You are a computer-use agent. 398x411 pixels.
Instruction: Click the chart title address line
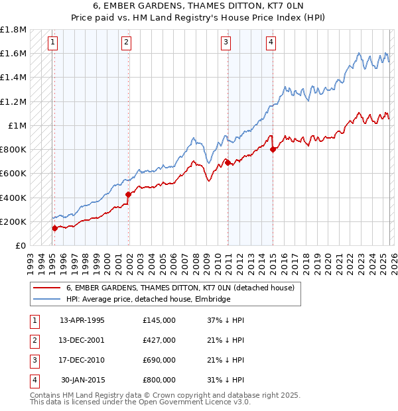pos(199,6)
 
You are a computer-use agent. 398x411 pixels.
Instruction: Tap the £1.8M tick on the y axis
pos(14,30)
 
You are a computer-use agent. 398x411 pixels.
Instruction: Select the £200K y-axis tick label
pos(14,221)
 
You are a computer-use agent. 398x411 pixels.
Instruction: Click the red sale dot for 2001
pos(128,194)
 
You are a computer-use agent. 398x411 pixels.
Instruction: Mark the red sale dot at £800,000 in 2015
pos(273,149)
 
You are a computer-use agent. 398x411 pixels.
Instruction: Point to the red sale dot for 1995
pos(54,228)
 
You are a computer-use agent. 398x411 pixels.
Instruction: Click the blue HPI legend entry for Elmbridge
pos(148,299)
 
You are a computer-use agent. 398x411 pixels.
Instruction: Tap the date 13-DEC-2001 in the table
pos(82,340)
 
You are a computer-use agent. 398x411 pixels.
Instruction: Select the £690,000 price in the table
pos(159,360)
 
